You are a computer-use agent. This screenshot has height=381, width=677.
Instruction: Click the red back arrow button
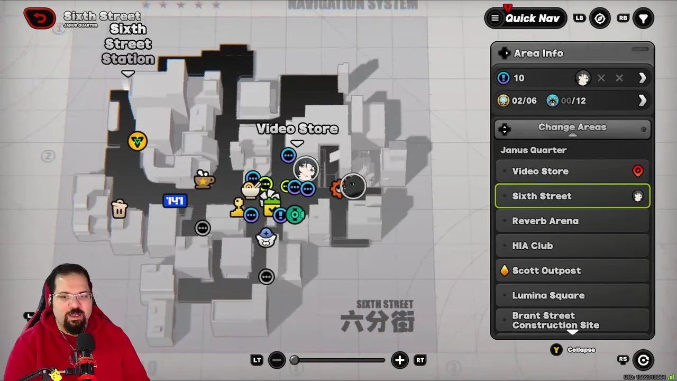[x=39, y=18]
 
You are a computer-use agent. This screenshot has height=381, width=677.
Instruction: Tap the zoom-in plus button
[x=399, y=360]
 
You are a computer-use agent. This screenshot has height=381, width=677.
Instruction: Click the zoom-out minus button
[x=277, y=360]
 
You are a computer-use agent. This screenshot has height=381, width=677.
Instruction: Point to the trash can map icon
[x=120, y=209]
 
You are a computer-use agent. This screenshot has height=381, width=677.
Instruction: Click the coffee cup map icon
[x=204, y=180]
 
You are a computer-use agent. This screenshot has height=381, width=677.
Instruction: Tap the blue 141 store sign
[x=175, y=201]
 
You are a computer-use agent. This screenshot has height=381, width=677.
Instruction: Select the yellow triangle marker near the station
[x=138, y=141]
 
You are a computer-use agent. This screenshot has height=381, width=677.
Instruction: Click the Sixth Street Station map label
[x=128, y=44]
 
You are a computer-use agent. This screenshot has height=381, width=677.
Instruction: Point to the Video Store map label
[x=297, y=129]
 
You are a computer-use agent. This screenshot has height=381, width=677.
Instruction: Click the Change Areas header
[x=572, y=128]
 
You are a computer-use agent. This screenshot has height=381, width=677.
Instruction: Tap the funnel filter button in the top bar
[x=643, y=19]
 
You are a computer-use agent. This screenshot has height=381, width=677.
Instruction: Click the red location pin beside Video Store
[x=637, y=171]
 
